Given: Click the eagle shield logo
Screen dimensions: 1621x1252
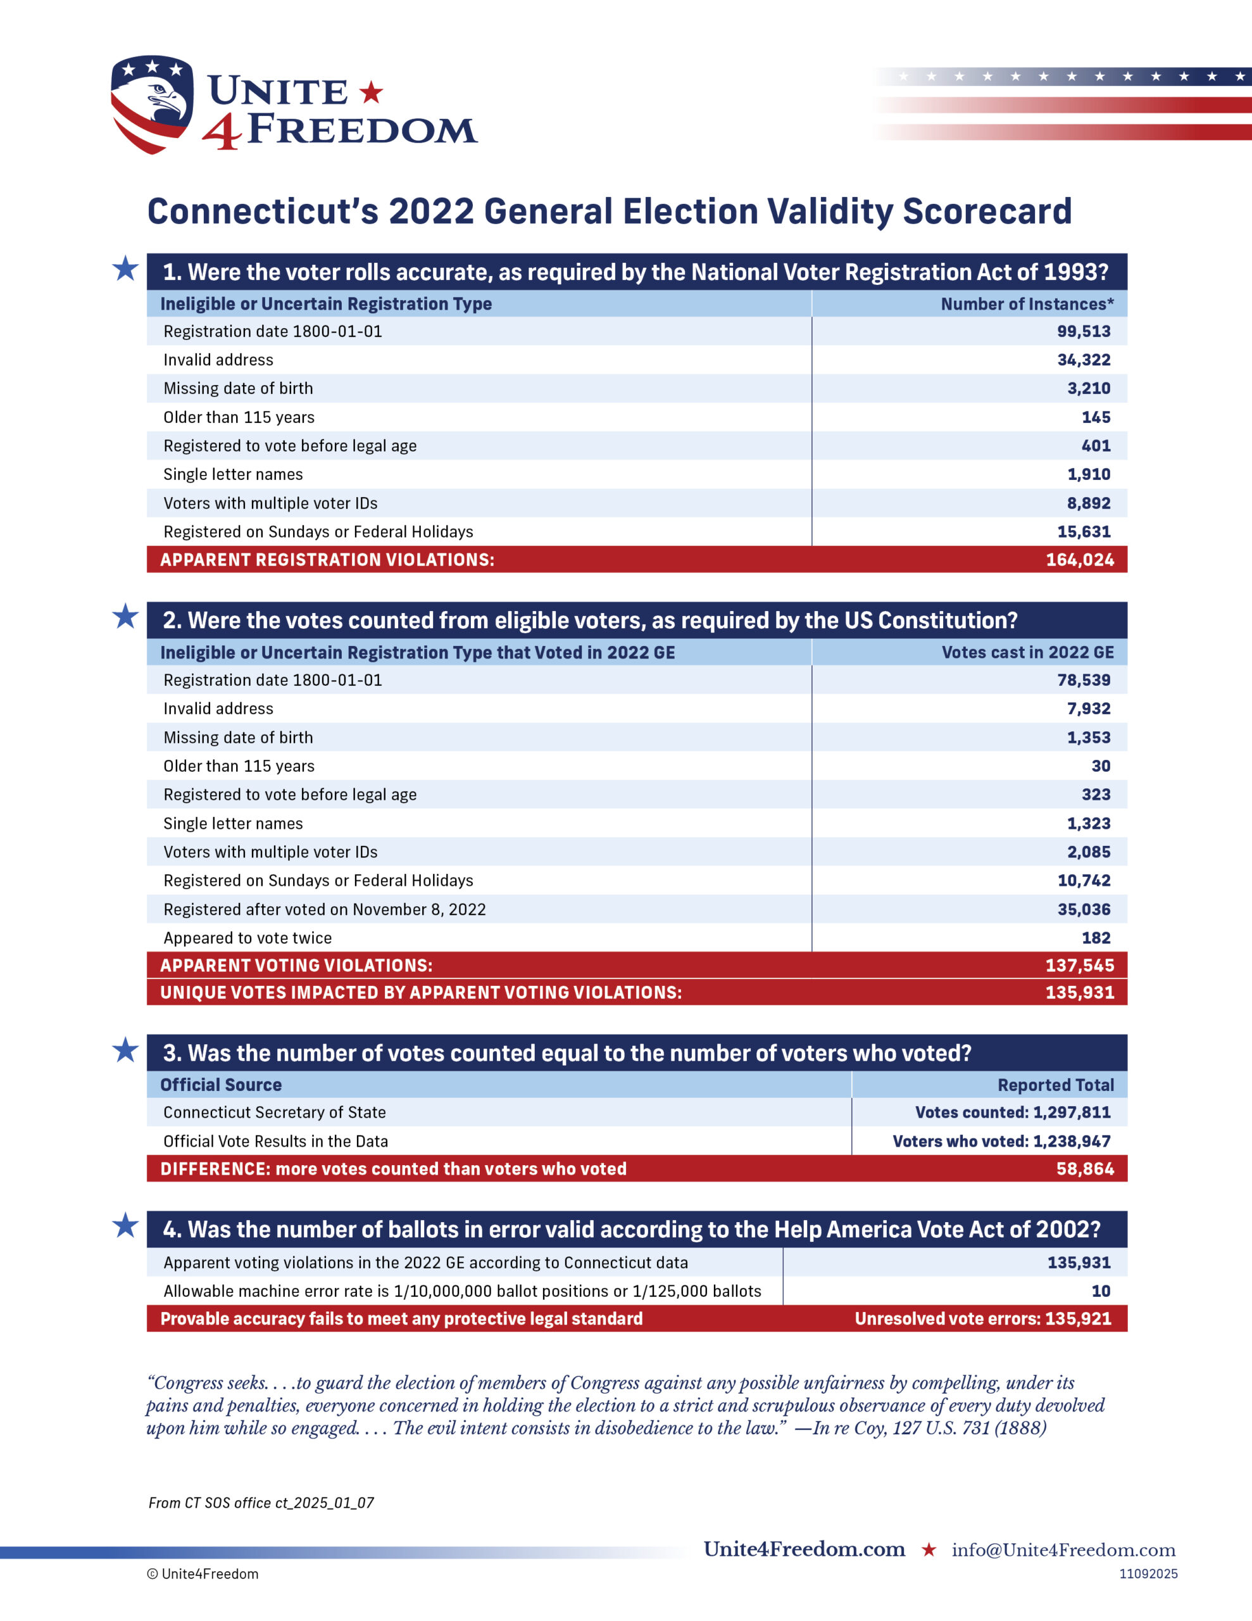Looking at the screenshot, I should tap(151, 104).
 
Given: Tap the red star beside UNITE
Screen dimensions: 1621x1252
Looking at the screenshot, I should tap(371, 93).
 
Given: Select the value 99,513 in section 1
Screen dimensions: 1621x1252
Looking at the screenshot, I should tap(1084, 332).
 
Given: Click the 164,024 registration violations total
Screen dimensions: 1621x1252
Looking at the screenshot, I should tap(1080, 560).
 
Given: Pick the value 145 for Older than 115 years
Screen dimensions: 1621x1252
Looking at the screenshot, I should tap(1096, 417).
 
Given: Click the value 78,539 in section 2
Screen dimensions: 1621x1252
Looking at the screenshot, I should tap(1084, 680).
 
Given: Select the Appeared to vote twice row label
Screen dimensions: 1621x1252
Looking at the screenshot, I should tap(248, 938).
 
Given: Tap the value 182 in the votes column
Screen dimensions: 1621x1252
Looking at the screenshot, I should tap(1096, 938).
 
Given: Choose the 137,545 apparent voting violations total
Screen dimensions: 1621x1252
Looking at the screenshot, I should tap(1080, 966).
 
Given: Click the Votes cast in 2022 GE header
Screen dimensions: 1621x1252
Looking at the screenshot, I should tap(1027, 652).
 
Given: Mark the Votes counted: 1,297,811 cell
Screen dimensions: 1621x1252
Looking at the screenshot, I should tap(1012, 1113).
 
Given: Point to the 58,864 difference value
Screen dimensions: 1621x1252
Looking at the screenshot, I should tap(1085, 1169).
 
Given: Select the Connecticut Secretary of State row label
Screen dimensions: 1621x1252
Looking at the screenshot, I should tap(275, 1113).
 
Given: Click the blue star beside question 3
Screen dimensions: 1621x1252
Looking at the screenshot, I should tap(125, 1050).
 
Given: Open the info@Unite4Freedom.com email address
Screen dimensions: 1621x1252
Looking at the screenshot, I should tap(1063, 1549).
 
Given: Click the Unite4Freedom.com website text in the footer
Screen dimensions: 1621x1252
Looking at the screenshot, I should tap(804, 1549).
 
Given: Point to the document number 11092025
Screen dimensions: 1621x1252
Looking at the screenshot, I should tap(1148, 1574).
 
